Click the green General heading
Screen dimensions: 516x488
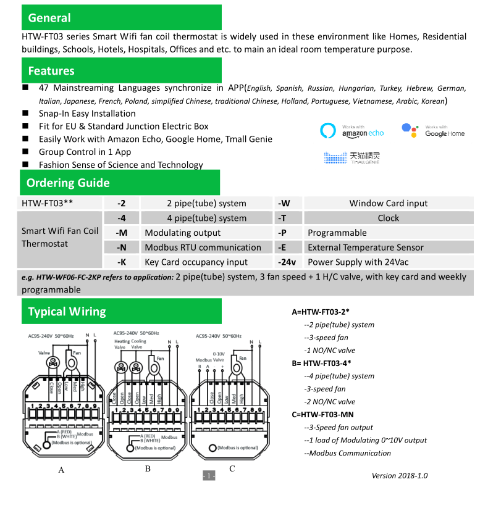coord(121,17)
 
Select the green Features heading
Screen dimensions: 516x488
coord(121,70)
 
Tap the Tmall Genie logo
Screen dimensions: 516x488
coord(351,158)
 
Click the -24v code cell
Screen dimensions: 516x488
coord(287,262)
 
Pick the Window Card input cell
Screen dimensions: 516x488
coord(389,203)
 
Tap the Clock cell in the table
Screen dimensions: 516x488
coord(389,218)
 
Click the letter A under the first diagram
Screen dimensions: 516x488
coord(61,470)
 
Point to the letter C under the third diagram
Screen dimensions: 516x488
coord(232,468)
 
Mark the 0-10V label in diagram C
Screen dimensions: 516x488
coord(219,354)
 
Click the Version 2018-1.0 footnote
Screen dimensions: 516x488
coord(399,475)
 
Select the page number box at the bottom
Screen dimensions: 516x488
coord(209,475)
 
